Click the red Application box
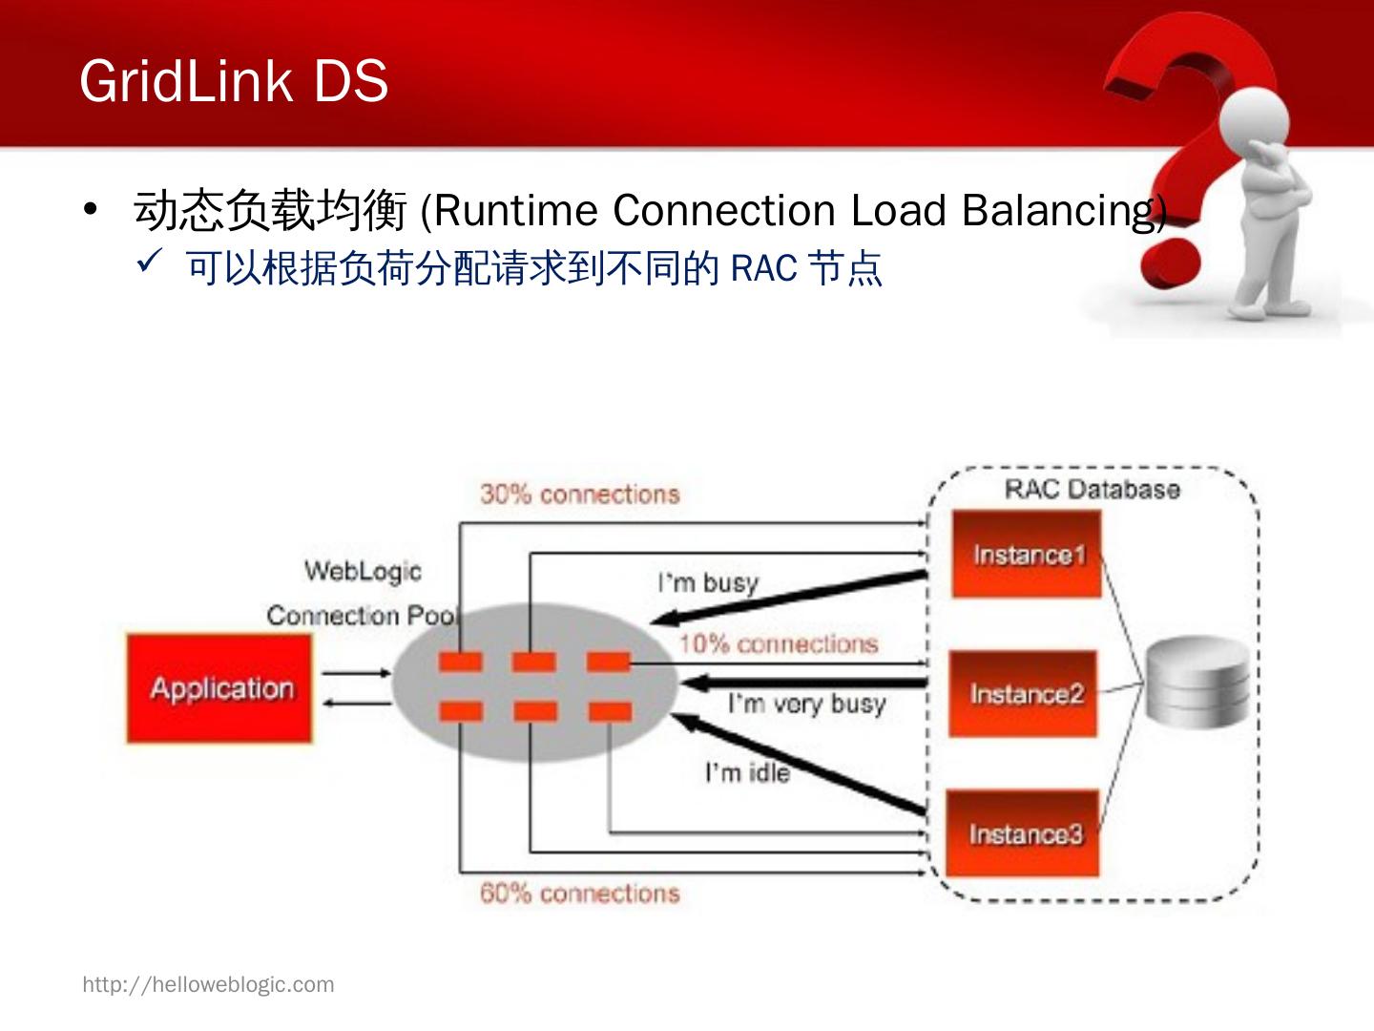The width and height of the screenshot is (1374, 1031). click(219, 687)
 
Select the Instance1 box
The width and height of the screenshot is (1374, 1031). click(1027, 555)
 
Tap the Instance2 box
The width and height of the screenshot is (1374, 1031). click(1024, 694)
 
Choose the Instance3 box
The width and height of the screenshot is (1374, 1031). click(1023, 834)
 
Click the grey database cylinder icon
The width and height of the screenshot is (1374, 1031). click(1197, 684)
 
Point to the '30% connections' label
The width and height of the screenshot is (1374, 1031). click(579, 494)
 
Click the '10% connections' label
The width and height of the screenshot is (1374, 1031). click(778, 644)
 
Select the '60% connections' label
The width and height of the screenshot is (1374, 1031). click(579, 894)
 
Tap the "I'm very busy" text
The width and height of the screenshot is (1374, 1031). click(806, 705)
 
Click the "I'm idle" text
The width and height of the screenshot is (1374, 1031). click(747, 772)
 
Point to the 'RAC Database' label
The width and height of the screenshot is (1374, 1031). click(1092, 490)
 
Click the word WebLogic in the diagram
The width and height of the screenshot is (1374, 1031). click(363, 571)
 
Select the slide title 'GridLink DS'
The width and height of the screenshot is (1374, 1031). click(234, 80)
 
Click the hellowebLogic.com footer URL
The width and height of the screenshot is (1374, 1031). click(208, 984)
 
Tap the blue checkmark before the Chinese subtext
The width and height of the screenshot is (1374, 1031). click(150, 262)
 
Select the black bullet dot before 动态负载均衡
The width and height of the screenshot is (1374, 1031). click(91, 209)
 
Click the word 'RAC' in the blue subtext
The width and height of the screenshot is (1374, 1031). click(762, 268)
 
